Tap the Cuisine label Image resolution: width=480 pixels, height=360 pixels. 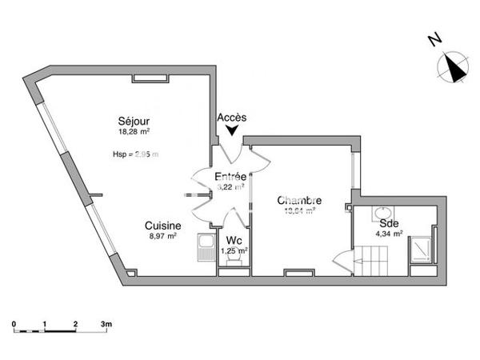coord(162,226)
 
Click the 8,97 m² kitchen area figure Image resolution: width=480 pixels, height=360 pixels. coord(162,238)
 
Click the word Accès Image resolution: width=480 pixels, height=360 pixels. coord(232,118)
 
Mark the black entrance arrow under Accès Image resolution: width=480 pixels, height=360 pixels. coord(233,130)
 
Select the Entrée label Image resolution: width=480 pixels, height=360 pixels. coord(230,176)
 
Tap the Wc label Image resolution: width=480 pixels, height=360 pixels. coord(234,240)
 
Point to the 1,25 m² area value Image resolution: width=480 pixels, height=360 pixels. coord(234,250)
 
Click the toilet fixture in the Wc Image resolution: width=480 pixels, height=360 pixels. coord(233,266)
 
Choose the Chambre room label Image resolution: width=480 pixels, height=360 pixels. coord(299,201)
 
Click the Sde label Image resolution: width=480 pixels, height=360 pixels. coord(390,223)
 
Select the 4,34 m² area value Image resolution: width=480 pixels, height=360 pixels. coord(390,234)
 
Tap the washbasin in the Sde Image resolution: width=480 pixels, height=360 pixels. coord(377,214)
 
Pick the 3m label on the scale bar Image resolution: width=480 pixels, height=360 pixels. coord(107,323)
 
